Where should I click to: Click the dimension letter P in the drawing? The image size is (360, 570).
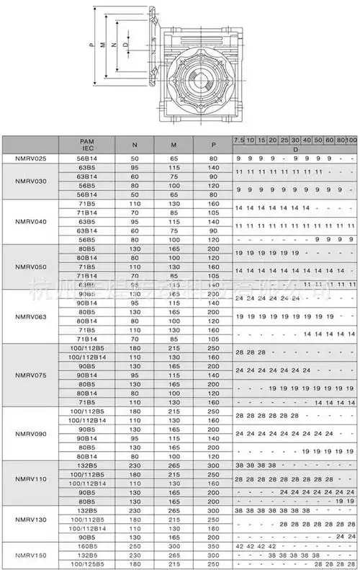click(x=93, y=45)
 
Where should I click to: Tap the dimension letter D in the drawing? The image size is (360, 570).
click(x=127, y=45)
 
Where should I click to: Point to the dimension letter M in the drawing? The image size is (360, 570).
click(x=105, y=45)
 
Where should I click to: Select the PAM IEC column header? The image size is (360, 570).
click(x=86, y=143)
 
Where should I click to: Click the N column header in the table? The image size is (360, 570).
click(x=135, y=143)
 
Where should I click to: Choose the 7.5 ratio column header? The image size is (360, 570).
click(x=239, y=138)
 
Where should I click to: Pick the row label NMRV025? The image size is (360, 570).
click(x=30, y=158)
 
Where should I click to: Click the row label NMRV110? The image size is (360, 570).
click(x=30, y=479)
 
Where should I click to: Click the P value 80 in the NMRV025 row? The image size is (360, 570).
click(x=213, y=158)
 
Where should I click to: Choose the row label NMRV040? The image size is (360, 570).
click(x=30, y=221)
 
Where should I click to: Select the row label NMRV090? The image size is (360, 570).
click(x=30, y=434)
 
